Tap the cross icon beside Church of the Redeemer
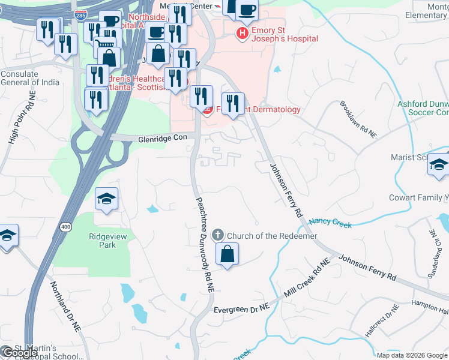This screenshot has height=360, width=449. point(218,235)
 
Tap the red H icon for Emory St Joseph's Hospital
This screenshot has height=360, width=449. point(242,34)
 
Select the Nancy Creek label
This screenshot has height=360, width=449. point(330,224)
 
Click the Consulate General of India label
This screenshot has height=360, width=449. point(28,79)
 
